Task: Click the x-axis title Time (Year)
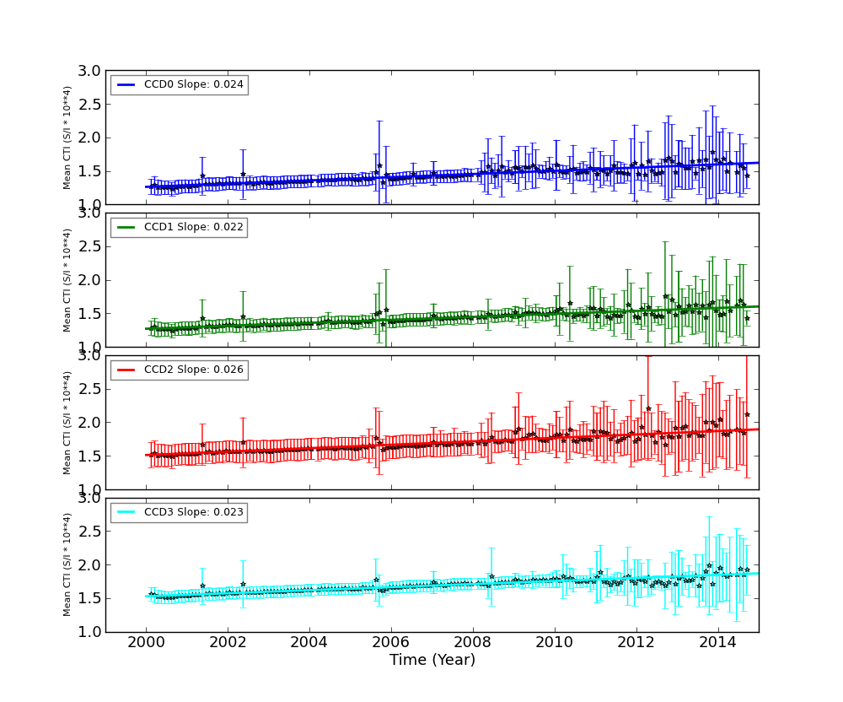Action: [432, 660]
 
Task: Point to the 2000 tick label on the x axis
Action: [146, 644]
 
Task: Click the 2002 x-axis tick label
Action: [228, 644]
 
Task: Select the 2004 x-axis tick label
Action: [309, 644]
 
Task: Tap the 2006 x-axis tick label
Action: [391, 644]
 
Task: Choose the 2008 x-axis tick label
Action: [473, 644]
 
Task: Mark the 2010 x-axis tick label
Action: [555, 644]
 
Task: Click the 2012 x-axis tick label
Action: [636, 644]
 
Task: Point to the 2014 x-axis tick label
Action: [718, 644]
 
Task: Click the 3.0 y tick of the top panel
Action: [91, 71]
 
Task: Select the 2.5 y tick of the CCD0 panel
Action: [91, 105]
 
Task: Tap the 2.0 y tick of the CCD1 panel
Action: [91, 280]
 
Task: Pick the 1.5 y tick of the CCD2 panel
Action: [91, 456]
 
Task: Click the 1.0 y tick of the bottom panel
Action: [91, 632]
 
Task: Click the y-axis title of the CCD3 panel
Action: [67, 564]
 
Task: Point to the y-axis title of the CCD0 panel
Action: [67, 138]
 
